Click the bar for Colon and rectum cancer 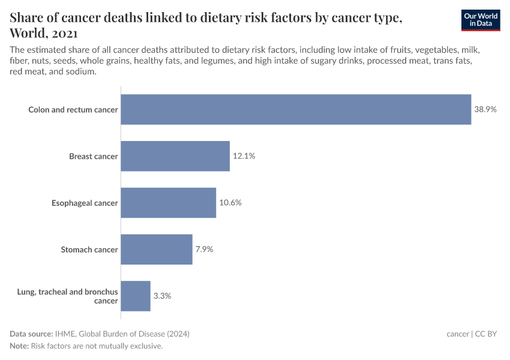click(x=296, y=109)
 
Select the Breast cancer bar click(x=175, y=156)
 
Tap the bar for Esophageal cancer click(x=168, y=203)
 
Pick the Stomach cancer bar click(x=157, y=250)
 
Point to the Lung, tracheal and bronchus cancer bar click(x=136, y=296)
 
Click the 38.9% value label click(x=485, y=110)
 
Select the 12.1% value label click(x=244, y=156)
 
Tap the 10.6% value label click(x=230, y=203)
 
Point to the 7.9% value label click(x=204, y=250)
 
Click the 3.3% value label click(x=162, y=296)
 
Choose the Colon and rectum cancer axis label click(x=73, y=110)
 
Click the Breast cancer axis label click(x=93, y=157)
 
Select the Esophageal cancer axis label click(x=85, y=203)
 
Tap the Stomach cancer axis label click(x=89, y=250)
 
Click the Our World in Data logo click(x=481, y=20)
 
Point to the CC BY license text click(x=486, y=334)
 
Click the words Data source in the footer click(x=31, y=334)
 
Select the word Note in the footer click(x=19, y=346)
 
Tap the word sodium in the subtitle click(x=82, y=71)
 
